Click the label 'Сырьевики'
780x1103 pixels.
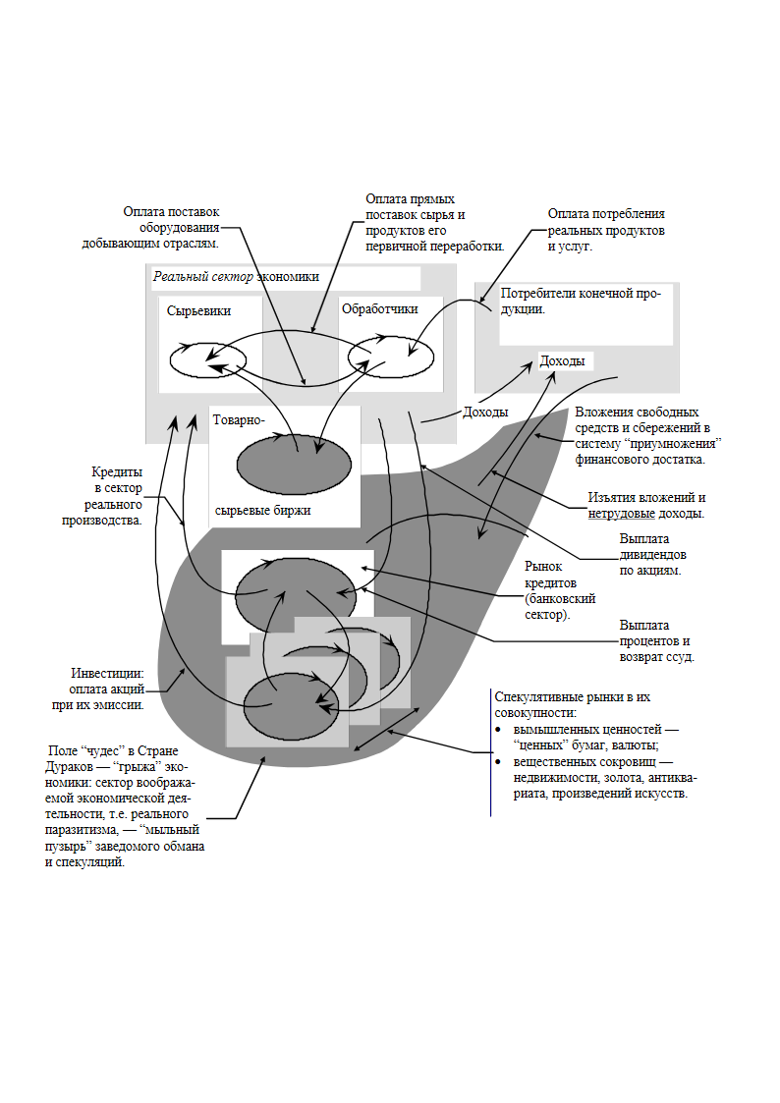pyautogui.click(x=199, y=311)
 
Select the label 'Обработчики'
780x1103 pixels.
pyautogui.click(x=380, y=308)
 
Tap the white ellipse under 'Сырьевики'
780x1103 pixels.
pyautogui.click(x=207, y=360)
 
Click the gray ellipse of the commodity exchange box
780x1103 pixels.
pyautogui.click(x=294, y=465)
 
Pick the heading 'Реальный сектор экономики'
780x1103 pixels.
pyautogui.click(x=237, y=276)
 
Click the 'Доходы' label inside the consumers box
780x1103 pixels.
pyautogui.click(x=562, y=360)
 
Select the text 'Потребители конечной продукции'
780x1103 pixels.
pyautogui.click(x=581, y=302)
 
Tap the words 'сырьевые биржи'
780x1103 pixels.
pyautogui.click(x=262, y=511)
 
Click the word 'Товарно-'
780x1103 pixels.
pyautogui.click(x=239, y=420)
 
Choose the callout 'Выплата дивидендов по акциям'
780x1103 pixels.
pyautogui.click(x=652, y=554)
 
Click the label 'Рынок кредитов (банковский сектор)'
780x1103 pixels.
pyautogui.click(x=560, y=590)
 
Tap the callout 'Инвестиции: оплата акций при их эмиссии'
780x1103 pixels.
pyautogui.click(x=98, y=689)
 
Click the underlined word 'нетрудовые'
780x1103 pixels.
pyautogui.click(x=622, y=514)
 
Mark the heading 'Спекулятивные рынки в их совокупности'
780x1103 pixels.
pyautogui.click(x=573, y=704)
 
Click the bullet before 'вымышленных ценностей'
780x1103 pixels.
pyautogui.click(x=498, y=730)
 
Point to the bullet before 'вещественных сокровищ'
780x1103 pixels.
pyautogui.click(x=498, y=762)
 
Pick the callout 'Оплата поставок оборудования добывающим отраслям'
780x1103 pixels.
pyautogui.click(x=150, y=227)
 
